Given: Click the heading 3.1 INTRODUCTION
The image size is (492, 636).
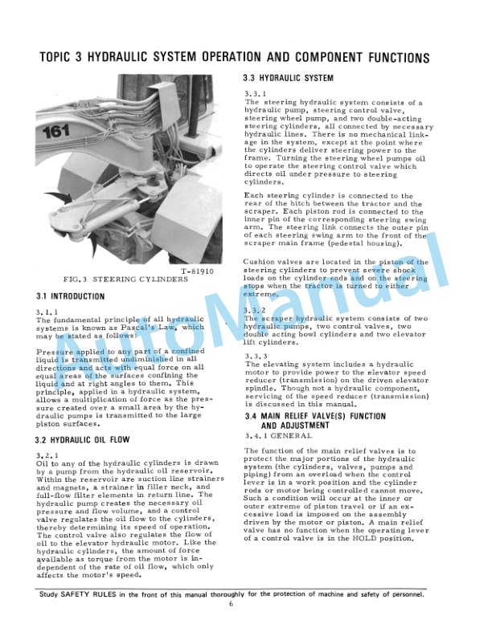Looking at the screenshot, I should point(71,296).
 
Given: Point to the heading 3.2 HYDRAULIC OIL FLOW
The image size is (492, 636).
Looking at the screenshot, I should point(85,440).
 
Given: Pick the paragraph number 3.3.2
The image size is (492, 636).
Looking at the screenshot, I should point(256,310).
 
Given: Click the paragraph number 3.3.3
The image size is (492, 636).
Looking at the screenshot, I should point(256,356).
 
